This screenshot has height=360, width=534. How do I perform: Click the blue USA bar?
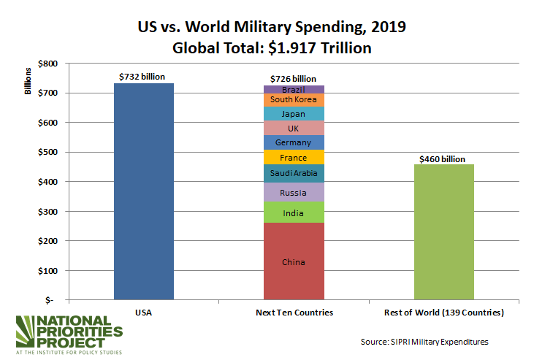[x=144, y=191]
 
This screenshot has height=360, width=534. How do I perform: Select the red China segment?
[x=293, y=261]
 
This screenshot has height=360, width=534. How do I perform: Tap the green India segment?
[x=293, y=212]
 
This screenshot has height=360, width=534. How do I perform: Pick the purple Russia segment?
[x=293, y=192]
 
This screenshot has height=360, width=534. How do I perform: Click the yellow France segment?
[x=293, y=157]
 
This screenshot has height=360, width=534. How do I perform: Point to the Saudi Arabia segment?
[x=293, y=173]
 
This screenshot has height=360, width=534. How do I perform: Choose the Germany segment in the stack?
[x=293, y=142]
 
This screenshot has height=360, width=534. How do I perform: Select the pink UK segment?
[x=293, y=128]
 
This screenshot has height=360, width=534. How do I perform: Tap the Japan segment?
[x=293, y=114]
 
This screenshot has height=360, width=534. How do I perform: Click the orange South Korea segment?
[x=293, y=99]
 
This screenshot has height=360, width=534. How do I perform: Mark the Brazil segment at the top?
[x=293, y=89]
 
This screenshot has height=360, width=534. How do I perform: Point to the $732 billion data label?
[x=144, y=76]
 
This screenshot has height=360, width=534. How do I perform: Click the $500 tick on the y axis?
[x=45, y=152]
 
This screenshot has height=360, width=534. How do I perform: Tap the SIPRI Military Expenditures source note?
[x=424, y=341]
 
